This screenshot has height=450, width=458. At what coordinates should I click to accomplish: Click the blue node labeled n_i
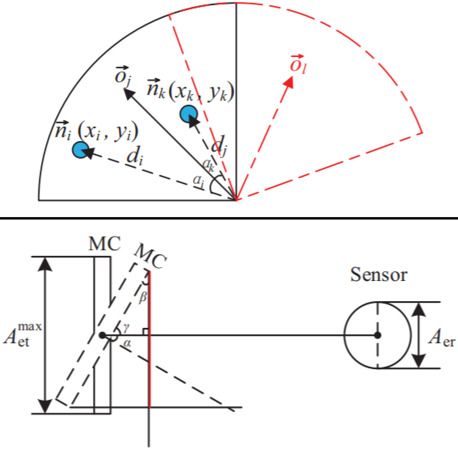tap(80, 150)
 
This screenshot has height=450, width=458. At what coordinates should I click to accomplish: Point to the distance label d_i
tap(134, 156)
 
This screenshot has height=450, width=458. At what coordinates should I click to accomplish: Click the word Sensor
tap(378, 275)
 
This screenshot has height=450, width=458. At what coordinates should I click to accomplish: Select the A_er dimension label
tap(441, 337)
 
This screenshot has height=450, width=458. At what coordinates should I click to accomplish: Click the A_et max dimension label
tap(23, 335)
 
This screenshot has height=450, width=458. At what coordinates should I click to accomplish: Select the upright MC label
tap(104, 244)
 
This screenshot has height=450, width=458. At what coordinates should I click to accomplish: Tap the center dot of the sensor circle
tap(378, 335)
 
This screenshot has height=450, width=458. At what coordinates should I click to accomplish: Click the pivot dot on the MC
tap(102, 335)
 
